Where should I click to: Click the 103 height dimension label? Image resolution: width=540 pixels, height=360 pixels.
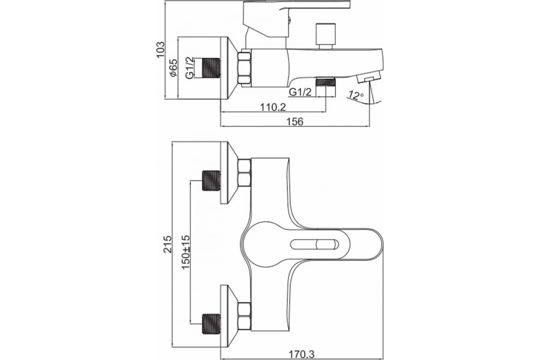161,49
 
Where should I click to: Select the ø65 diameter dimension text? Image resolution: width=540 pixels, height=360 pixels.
173,68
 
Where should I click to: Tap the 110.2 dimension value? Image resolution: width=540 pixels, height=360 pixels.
273,107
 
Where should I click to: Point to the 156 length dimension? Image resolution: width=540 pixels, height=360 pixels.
295,121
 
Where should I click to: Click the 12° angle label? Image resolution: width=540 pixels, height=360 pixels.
356,95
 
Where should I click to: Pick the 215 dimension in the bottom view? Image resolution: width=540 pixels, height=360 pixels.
167,244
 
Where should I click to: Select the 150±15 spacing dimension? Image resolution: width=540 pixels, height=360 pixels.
185,252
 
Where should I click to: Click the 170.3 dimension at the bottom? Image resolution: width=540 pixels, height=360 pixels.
301,355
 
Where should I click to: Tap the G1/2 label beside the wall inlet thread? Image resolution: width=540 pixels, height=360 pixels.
189,68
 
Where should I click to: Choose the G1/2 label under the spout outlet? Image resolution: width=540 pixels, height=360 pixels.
300,92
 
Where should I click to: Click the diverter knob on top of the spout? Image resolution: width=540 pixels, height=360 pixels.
325,36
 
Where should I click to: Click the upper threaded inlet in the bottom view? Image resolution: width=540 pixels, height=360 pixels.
211,180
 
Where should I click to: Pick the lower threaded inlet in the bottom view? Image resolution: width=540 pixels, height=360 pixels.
211,324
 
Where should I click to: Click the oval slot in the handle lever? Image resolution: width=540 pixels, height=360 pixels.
315,244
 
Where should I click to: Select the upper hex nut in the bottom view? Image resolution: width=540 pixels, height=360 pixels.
244,173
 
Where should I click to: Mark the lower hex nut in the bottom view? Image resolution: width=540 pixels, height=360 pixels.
244,316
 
